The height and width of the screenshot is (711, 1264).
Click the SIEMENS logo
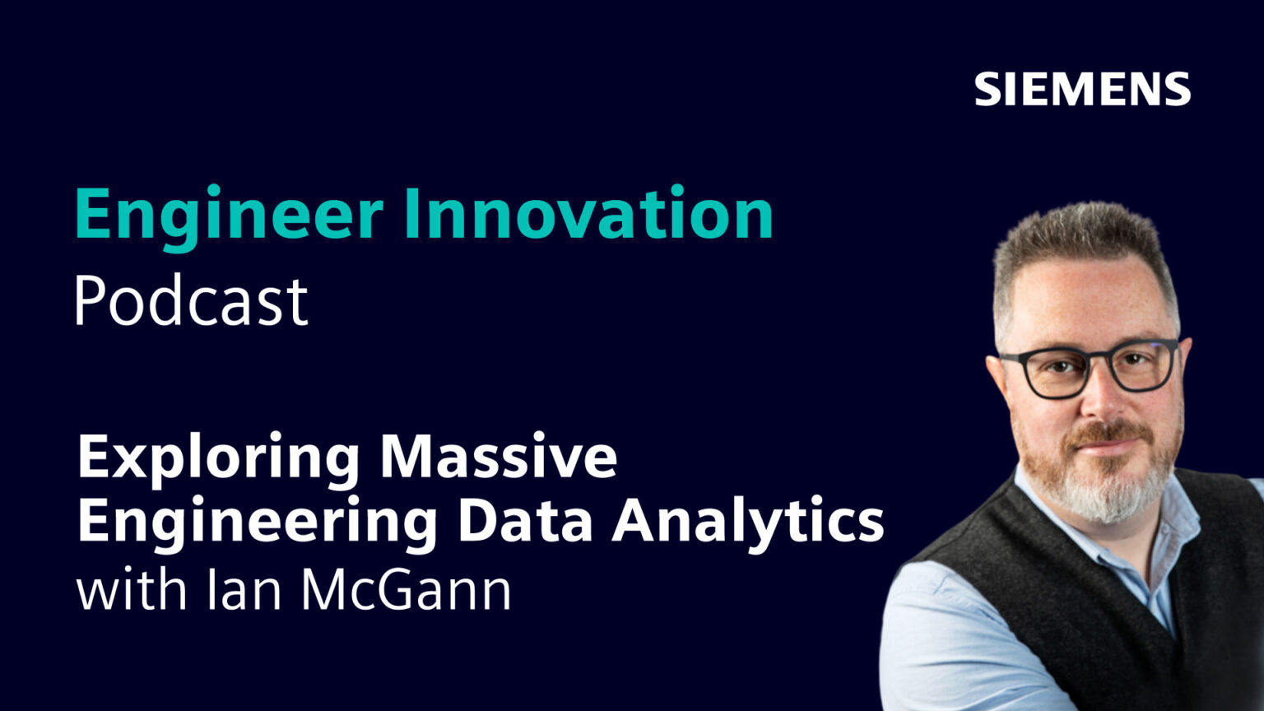point(1082,89)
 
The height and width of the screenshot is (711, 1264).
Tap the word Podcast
point(191,301)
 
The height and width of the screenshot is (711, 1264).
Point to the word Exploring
point(219,458)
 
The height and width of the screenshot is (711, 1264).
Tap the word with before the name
point(132,589)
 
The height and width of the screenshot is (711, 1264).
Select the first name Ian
point(246,589)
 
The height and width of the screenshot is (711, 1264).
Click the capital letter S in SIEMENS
point(987,89)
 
